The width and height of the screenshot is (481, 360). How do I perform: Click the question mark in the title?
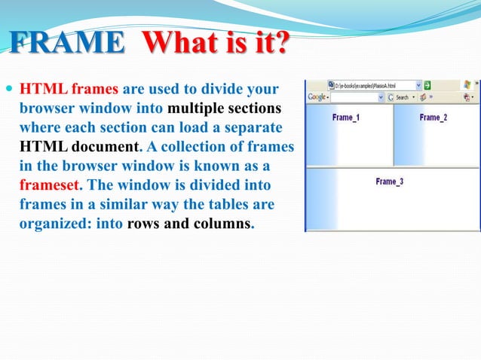pyautogui.click(x=280, y=43)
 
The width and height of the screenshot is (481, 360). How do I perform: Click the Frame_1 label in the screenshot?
pyautogui.click(x=346, y=117)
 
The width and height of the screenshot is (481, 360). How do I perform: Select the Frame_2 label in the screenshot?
pyautogui.click(x=433, y=117)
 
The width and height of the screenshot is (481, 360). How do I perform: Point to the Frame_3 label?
pyautogui.click(x=389, y=182)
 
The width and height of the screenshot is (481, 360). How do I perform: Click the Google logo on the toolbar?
pyautogui.click(x=316, y=97)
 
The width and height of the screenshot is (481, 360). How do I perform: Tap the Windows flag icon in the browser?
pyautogui.click(x=467, y=85)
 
